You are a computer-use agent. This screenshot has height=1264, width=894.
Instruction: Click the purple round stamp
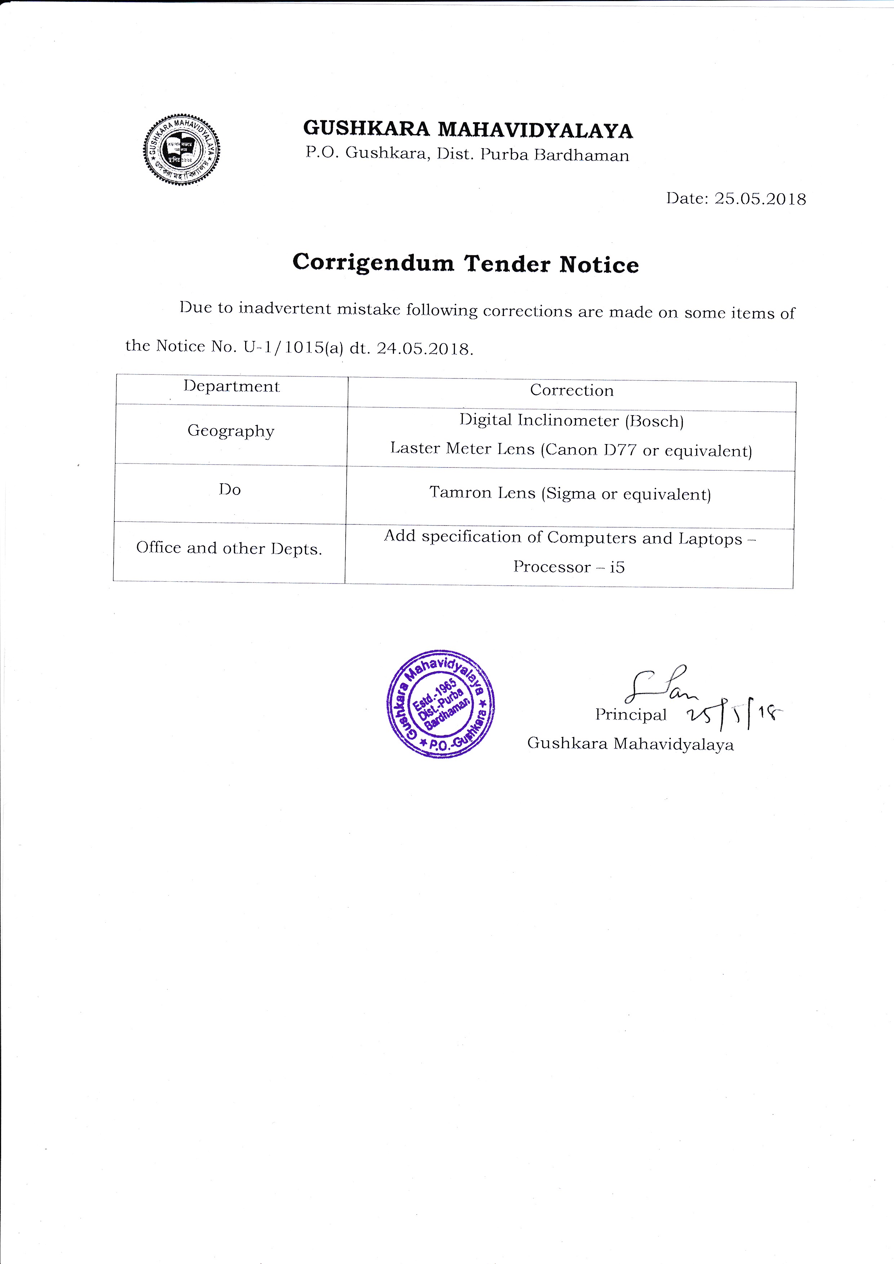441,704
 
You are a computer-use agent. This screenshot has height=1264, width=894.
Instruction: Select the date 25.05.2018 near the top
760,199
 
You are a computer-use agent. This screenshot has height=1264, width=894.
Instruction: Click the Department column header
232,386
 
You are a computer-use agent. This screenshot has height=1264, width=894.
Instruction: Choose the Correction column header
571,390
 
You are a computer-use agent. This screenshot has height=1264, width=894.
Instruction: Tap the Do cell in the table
230,489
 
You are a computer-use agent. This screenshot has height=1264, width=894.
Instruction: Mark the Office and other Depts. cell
229,548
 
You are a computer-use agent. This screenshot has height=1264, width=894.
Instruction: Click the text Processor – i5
568,567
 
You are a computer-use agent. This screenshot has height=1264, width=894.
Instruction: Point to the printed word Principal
630,715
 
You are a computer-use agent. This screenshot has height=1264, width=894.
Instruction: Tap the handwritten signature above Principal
658,684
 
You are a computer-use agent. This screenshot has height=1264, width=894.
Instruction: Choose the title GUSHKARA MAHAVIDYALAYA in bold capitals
468,130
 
